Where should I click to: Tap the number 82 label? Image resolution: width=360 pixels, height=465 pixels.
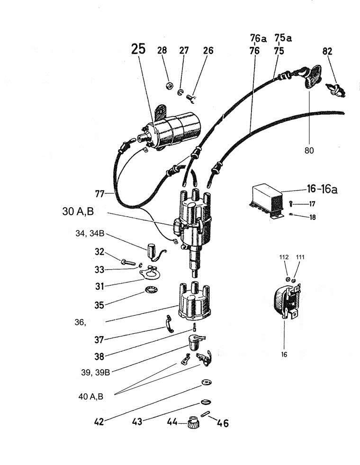pyautogui.click(x=327, y=51)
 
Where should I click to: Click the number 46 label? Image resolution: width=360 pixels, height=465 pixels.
pyautogui.click(x=223, y=423)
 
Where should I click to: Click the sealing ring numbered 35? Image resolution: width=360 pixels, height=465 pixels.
pyautogui.click(x=151, y=290)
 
